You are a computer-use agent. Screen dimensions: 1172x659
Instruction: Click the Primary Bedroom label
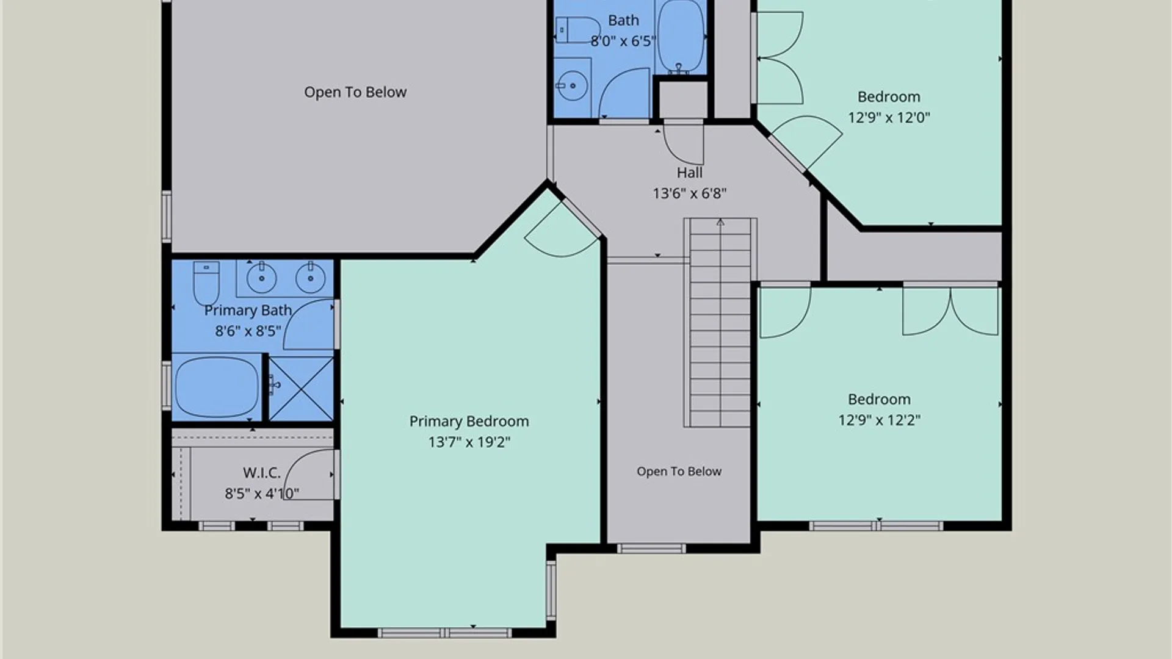(469, 422)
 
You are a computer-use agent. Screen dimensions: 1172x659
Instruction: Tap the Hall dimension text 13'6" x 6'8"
(689, 193)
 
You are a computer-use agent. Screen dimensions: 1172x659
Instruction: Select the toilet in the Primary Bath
(206, 283)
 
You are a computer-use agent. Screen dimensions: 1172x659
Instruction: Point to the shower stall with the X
(301, 389)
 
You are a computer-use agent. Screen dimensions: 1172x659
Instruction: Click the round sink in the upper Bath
(573, 86)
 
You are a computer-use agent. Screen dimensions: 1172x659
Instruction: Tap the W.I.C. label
(262, 473)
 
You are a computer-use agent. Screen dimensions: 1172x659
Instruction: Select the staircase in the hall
(720, 322)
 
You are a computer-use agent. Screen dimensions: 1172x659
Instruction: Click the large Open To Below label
(355, 92)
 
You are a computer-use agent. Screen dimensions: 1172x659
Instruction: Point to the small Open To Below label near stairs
(679, 471)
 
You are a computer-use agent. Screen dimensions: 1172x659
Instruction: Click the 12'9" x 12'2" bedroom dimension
(879, 420)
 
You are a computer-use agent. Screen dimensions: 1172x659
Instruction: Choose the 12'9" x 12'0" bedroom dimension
(889, 117)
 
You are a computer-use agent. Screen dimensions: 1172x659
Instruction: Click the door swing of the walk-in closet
(309, 475)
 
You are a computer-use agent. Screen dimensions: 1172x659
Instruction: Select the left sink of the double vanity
(262, 278)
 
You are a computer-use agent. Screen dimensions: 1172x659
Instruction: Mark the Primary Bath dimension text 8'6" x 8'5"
(248, 331)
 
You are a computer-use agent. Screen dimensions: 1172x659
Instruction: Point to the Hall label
(689, 173)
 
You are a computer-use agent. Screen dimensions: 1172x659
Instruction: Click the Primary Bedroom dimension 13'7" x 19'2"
(469, 442)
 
